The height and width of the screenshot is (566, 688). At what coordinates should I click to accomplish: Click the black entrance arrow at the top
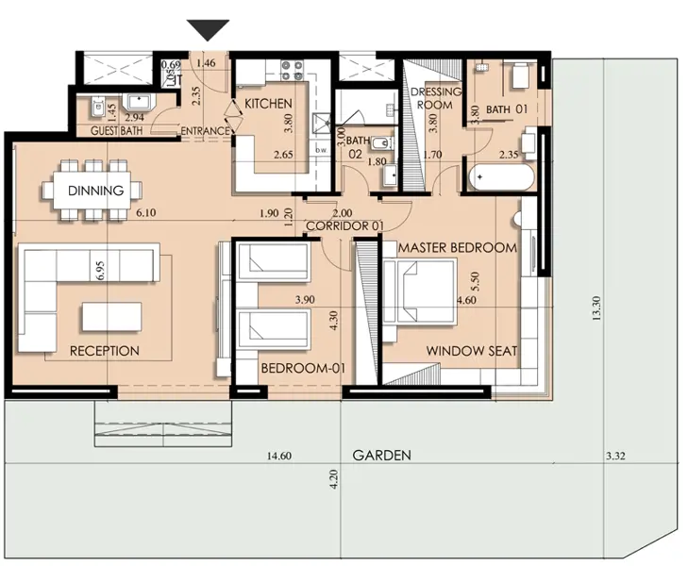tap(208, 30)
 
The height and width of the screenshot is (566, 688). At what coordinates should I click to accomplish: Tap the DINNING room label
tap(95, 191)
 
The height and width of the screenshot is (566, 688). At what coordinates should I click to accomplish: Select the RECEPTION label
tap(105, 351)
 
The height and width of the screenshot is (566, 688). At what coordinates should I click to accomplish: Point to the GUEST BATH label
tap(116, 131)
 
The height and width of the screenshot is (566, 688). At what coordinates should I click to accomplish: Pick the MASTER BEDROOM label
tap(458, 247)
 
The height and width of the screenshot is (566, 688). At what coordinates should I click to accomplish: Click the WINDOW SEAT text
tap(471, 351)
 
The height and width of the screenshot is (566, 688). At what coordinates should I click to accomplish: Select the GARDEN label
tap(381, 455)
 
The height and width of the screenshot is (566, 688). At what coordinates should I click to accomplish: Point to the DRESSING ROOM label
tap(435, 98)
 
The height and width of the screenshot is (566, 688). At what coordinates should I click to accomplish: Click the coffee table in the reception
tap(111, 315)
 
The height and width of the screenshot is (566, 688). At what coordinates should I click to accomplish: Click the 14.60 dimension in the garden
tap(278, 457)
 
